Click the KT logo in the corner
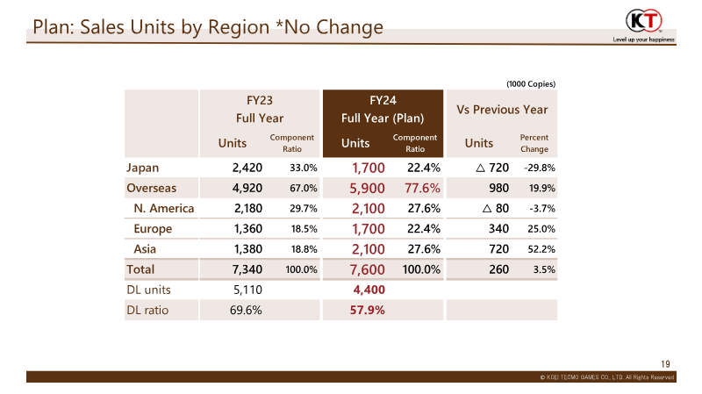click(x=644, y=20)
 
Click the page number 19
click(x=665, y=364)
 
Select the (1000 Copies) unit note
click(x=531, y=83)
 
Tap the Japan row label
click(x=142, y=168)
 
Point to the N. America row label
click(x=164, y=208)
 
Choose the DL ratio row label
click(x=147, y=310)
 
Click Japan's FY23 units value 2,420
click(x=247, y=168)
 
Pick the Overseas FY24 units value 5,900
click(x=367, y=188)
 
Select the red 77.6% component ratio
click(x=422, y=188)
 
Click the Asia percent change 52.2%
click(x=541, y=249)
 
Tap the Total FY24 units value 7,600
click(x=367, y=269)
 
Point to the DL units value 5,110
click(x=247, y=290)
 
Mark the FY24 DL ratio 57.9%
click(x=367, y=310)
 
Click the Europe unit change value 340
click(x=498, y=229)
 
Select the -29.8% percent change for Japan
click(x=540, y=168)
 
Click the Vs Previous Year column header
click(x=502, y=110)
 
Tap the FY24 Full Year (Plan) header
click(x=383, y=109)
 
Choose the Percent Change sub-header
click(x=534, y=143)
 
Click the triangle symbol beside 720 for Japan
click(x=480, y=168)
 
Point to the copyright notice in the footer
click(x=606, y=377)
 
